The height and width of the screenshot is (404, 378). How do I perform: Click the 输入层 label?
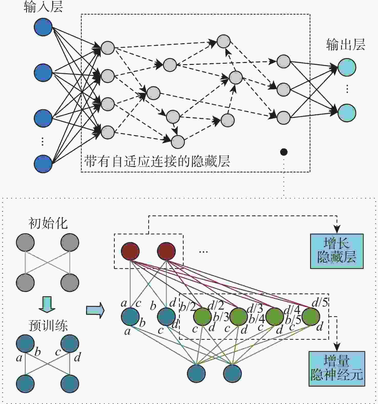tap(43, 7)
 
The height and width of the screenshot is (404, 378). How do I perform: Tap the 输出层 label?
tap(345, 45)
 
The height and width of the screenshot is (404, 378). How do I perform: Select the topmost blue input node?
tap(43, 27)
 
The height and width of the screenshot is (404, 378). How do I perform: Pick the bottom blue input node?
tap(43, 164)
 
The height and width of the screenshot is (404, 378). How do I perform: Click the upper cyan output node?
tap(347, 67)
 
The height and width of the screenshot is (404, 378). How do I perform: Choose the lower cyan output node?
tap(347, 113)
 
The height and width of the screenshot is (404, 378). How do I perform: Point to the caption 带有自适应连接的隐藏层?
tap(157, 161)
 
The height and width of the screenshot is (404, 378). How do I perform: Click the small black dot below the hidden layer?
tap(283, 152)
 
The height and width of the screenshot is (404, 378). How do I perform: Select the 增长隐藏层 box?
tap(337, 251)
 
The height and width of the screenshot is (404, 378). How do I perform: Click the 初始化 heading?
tap(48, 223)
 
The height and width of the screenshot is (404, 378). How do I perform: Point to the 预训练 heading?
tap(48, 325)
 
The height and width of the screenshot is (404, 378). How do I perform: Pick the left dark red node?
tap(130, 251)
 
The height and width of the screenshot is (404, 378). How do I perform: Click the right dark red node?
tap(166, 251)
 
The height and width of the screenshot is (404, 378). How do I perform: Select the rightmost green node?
tap(311, 316)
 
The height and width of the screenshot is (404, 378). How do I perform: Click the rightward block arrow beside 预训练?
tap(95, 311)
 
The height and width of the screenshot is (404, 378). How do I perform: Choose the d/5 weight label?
tap(320, 303)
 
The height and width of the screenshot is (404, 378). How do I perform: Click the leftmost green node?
tap(203, 316)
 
